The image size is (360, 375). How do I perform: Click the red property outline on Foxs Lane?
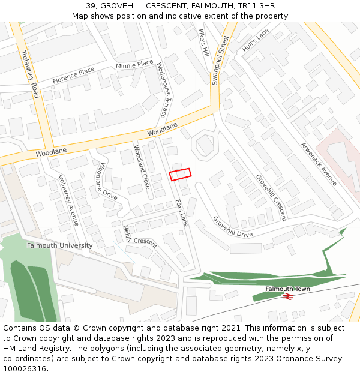tap(180, 174)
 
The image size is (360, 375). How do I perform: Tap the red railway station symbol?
tap(288, 296)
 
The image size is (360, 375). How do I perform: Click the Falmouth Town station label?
tap(288, 289)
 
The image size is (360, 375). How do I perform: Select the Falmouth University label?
tap(60, 245)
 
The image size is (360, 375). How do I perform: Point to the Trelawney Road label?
tap(29, 74)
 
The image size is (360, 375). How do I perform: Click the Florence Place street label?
tap(73, 75)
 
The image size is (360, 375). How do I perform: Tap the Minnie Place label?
tap(134, 64)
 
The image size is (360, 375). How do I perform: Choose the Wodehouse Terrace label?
tap(161, 90)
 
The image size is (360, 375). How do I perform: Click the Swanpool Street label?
tap(220, 60)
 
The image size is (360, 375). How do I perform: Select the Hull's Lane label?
tap(256, 40)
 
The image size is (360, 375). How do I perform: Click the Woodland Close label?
tap(142, 167)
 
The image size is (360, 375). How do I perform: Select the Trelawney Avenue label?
tap(68, 200)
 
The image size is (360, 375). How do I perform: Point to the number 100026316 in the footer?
tap(25, 368)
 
